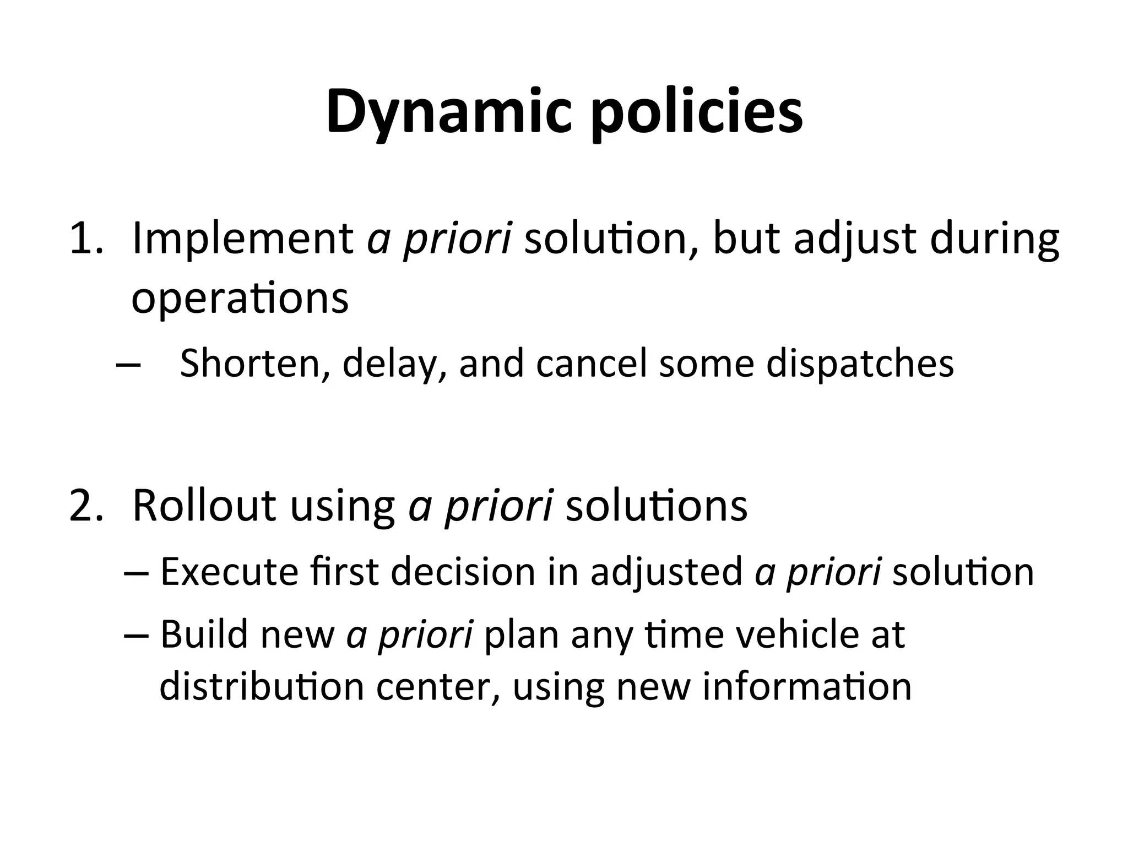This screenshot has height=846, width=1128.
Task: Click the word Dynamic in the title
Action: coord(449,113)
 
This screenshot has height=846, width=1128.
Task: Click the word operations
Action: coord(240,299)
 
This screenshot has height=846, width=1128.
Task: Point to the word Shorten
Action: coord(251,364)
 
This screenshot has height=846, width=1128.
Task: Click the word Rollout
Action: coord(204,506)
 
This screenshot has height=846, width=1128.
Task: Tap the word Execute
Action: coord(229,572)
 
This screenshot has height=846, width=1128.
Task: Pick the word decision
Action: coord(463,572)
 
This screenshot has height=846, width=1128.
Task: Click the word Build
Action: coord(204,634)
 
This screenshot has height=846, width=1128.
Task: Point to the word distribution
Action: coord(262,687)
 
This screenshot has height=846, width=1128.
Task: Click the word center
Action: coord(438,688)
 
